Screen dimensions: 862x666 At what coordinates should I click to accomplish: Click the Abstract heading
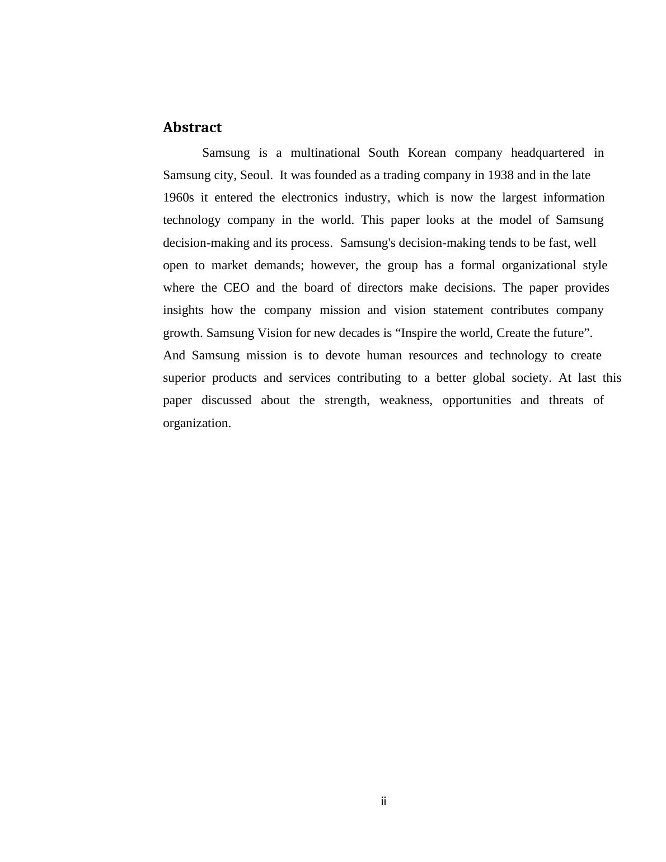click(192, 128)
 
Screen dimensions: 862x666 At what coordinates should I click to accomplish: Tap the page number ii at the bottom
click(383, 801)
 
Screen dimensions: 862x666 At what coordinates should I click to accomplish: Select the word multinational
click(325, 153)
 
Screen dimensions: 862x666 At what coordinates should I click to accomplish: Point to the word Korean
click(426, 153)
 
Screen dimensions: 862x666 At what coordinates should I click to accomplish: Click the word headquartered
click(547, 153)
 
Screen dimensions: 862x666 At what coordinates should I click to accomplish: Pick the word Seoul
click(256, 175)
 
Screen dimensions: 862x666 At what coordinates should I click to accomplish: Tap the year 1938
click(500, 175)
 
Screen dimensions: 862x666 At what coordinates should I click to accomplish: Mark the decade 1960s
click(179, 198)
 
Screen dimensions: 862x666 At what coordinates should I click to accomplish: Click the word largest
click(519, 198)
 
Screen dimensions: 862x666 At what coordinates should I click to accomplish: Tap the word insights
click(183, 310)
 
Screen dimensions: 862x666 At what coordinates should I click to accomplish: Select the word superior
click(184, 378)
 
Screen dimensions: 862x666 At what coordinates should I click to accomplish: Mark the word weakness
click(406, 400)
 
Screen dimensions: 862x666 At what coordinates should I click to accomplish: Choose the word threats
click(566, 400)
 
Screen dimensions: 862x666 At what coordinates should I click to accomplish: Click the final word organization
click(196, 423)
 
